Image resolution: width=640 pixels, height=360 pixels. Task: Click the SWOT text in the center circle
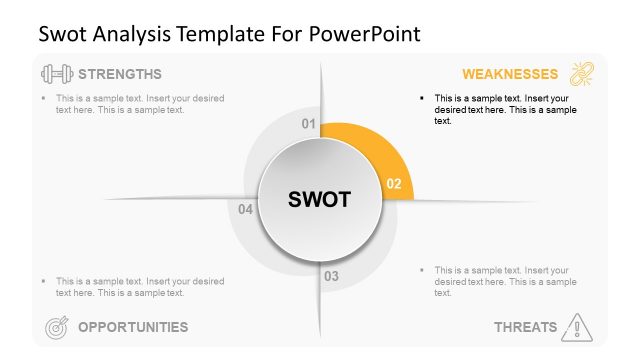click(319, 200)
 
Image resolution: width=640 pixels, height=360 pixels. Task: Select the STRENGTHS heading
click(119, 74)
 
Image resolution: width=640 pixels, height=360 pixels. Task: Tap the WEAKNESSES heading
click(509, 74)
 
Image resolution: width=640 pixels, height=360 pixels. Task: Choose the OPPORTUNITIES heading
click(132, 326)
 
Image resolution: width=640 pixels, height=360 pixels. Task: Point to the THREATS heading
click(525, 326)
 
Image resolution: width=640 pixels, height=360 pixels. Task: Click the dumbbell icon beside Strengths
click(55, 74)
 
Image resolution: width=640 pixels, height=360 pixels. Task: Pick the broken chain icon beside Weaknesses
click(581, 74)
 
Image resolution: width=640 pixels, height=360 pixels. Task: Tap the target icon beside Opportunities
click(57, 326)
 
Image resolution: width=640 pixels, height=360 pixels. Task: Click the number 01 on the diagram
click(309, 124)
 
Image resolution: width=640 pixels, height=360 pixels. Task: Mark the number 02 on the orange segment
click(393, 184)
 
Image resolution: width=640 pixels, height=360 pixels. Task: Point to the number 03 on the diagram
click(331, 276)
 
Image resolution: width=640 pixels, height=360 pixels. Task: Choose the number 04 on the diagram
click(246, 209)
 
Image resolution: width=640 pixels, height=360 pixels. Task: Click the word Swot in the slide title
click(61, 34)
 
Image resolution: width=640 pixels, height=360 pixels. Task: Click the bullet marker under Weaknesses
click(423, 98)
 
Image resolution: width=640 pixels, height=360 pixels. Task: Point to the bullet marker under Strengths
click(44, 98)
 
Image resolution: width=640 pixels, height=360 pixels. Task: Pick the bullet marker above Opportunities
click(44, 281)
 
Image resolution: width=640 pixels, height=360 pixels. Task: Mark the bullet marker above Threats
click(423, 270)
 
